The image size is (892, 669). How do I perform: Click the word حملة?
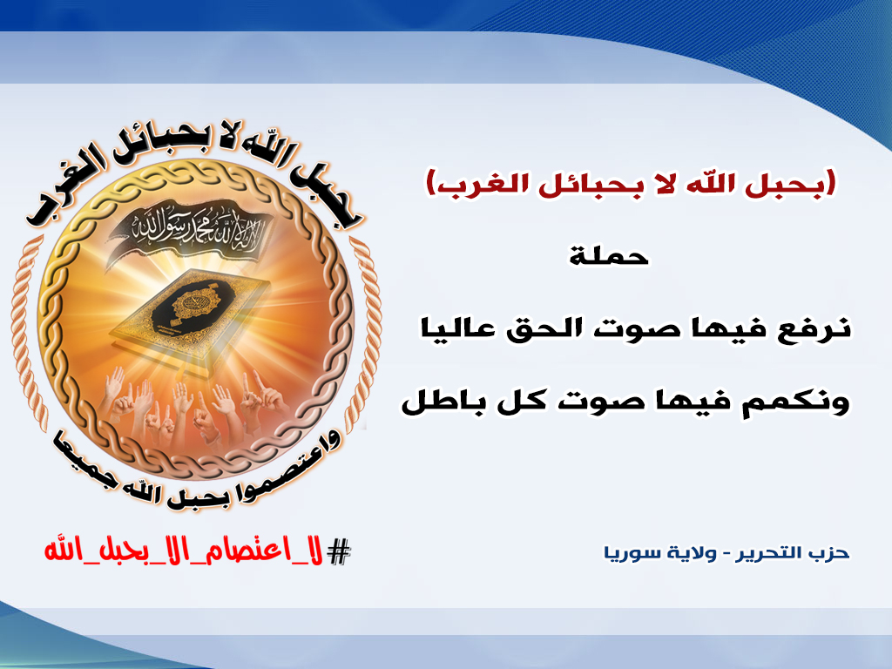[x=609, y=256]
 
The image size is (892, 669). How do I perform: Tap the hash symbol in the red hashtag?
[x=339, y=551]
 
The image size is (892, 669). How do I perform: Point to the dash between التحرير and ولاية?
[x=727, y=554]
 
